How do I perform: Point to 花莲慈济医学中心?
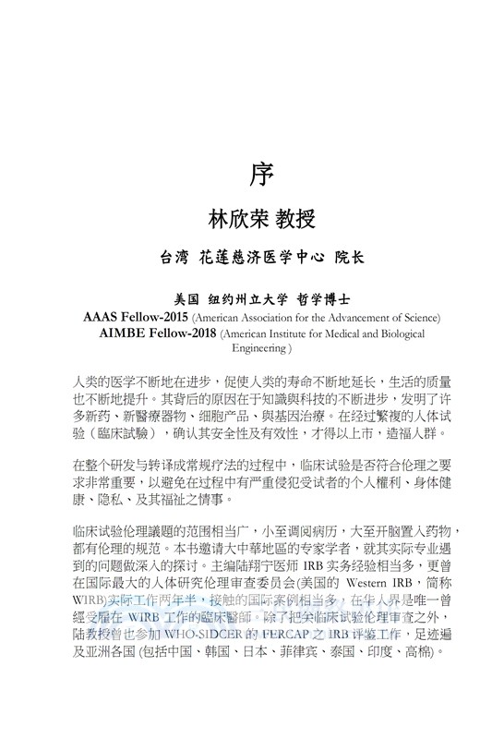(x=259, y=257)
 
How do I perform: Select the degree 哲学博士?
(x=326, y=300)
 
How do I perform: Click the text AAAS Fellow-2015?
(x=135, y=318)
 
